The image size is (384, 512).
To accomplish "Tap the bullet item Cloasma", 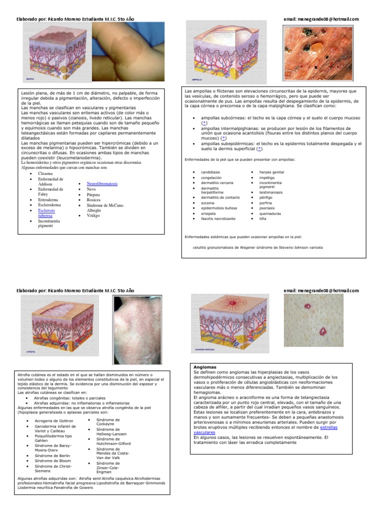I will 45,173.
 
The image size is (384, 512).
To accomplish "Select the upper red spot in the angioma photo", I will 308,306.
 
